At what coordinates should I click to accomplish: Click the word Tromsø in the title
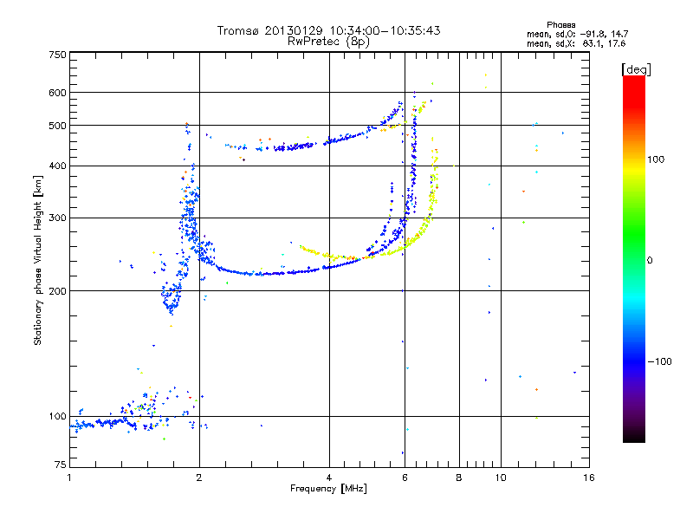(x=237, y=30)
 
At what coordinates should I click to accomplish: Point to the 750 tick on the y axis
(x=57, y=55)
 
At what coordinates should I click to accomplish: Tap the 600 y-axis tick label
(x=57, y=92)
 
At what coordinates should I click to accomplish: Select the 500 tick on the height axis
(x=57, y=125)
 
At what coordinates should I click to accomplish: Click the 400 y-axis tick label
(x=57, y=166)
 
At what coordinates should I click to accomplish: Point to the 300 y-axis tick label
(x=57, y=218)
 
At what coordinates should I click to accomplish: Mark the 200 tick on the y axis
(x=57, y=290)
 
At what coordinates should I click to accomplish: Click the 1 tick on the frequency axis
(x=69, y=478)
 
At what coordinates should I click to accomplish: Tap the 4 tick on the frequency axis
(x=329, y=478)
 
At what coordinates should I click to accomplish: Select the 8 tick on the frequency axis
(x=459, y=478)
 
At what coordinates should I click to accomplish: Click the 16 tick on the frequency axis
(x=588, y=478)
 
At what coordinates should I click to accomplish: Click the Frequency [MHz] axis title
(x=328, y=490)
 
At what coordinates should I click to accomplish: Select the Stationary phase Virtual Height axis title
(x=38, y=260)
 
